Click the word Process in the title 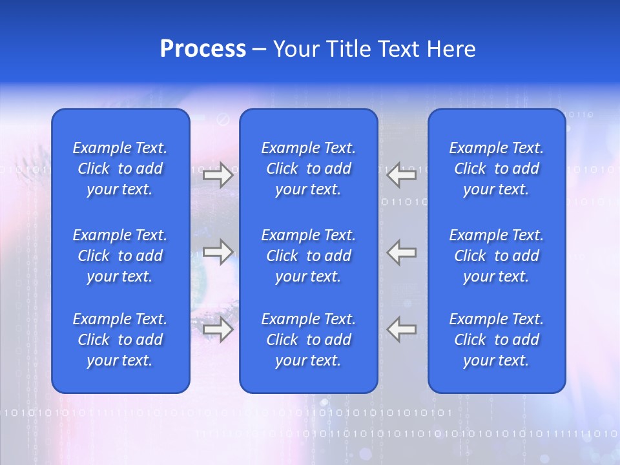click(203, 49)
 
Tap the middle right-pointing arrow click(218, 252)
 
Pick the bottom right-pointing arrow click(218, 329)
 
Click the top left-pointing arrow click(401, 175)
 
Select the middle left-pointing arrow click(401, 252)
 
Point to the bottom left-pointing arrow click(401, 329)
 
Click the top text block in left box click(120, 169)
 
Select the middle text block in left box click(120, 256)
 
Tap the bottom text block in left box click(120, 340)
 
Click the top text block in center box click(309, 169)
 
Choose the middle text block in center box click(309, 256)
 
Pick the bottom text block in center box click(309, 340)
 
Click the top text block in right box click(497, 169)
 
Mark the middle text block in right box click(497, 256)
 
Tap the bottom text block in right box click(497, 340)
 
